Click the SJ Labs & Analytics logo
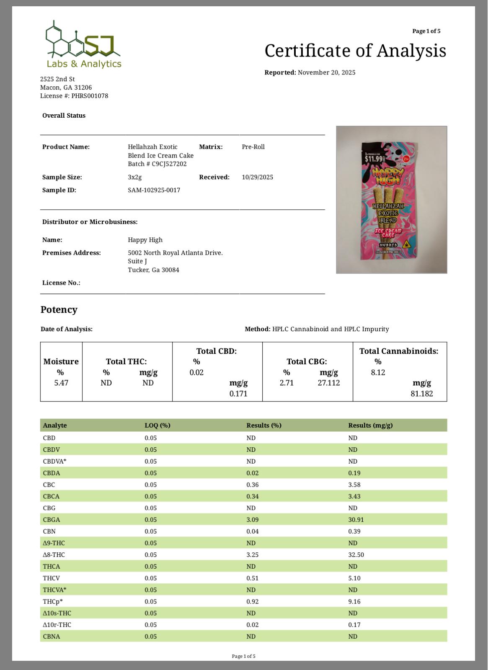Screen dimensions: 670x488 click(83, 45)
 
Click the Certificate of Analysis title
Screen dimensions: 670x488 click(355, 51)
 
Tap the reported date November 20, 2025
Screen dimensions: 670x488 click(326, 72)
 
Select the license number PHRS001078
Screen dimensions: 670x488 click(90, 96)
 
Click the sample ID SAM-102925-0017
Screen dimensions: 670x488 click(154, 190)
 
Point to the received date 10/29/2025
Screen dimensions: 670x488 click(257, 177)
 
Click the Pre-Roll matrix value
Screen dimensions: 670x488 click(253, 147)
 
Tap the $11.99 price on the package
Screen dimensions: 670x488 click(374, 159)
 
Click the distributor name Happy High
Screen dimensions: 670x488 click(145, 240)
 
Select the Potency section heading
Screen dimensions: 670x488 click(59, 309)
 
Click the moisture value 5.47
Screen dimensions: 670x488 click(61, 383)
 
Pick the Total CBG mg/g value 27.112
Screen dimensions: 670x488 click(328, 383)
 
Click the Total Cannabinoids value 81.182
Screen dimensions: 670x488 click(421, 394)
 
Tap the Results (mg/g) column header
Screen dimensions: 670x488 click(370, 425)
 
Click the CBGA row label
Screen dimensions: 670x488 click(52, 520)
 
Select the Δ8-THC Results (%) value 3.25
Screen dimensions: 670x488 click(252, 555)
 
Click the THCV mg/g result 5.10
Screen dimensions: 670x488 click(354, 578)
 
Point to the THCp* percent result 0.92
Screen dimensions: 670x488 click(252, 602)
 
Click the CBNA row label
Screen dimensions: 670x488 click(52, 636)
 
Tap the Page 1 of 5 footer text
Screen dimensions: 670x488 click(243, 656)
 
